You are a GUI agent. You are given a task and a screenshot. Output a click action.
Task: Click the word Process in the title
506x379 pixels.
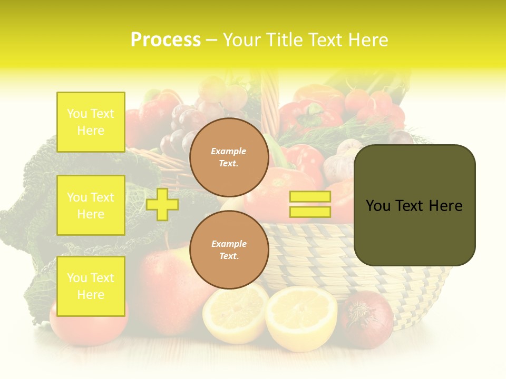click(x=166, y=40)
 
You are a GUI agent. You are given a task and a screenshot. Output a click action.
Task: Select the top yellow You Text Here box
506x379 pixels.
click(x=91, y=122)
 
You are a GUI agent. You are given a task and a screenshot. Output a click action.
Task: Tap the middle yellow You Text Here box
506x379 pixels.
click(x=91, y=205)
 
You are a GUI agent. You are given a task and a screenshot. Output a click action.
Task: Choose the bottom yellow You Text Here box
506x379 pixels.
click(x=91, y=286)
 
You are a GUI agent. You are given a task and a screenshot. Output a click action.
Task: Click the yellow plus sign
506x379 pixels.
click(x=162, y=204)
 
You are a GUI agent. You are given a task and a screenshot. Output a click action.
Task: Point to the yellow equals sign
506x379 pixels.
click(x=310, y=204)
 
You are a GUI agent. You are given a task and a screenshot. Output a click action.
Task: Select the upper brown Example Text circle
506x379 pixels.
click(x=229, y=157)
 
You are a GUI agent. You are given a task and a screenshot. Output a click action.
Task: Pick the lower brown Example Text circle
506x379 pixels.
click(x=229, y=250)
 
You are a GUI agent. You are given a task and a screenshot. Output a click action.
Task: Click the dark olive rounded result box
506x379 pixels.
click(x=414, y=205)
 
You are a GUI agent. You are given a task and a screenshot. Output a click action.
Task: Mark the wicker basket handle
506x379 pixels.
click(x=270, y=100)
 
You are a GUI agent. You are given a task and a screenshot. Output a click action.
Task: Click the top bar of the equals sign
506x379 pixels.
click(x=310, y=197)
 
